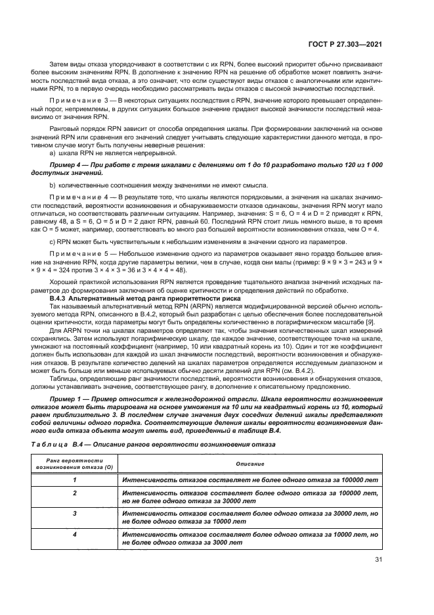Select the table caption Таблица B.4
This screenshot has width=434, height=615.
(x=69, y=445)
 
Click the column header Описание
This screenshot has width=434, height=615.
(x=249, y=463)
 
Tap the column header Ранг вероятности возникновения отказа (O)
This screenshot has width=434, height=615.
(x=74, y=463)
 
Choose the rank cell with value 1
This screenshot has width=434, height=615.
(x=74, y=480)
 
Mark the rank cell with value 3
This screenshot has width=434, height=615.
(x=74, y=513)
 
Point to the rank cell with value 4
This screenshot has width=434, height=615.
(x=74, y=534)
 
